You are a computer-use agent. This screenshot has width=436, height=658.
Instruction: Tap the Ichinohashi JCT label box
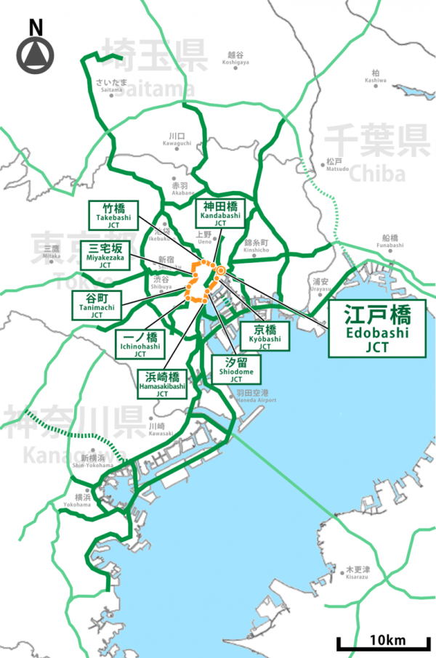141,344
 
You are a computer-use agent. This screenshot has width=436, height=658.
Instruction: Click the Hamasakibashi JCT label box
161,384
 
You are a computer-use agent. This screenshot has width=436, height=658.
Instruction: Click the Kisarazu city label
357,572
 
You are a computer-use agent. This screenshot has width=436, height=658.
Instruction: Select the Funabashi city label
389,241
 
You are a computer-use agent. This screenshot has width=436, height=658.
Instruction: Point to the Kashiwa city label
375,76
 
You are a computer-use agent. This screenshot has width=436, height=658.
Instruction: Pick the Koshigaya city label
235,58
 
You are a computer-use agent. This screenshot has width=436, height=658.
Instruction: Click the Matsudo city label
335,164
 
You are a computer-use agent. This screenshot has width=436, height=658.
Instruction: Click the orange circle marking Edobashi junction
221,271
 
